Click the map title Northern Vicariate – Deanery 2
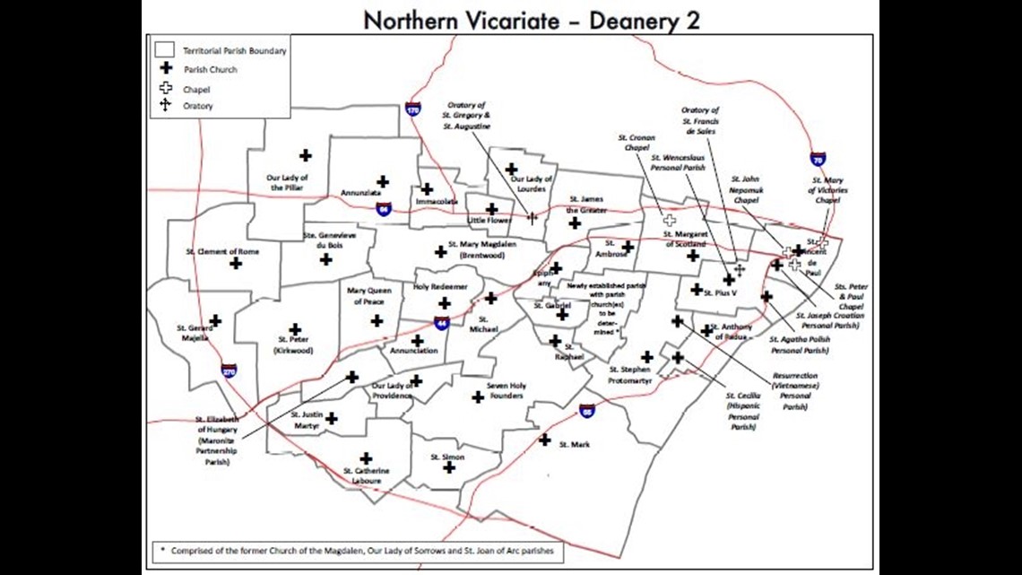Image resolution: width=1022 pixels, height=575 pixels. (532, 19)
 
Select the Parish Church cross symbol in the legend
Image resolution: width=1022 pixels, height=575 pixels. (165, 68)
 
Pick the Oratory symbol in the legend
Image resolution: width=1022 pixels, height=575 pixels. (165, 105)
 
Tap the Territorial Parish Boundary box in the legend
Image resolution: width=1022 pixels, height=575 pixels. (164, 50)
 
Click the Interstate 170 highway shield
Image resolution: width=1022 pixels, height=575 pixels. (412, 109)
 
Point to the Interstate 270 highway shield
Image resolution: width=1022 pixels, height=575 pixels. (230, 369)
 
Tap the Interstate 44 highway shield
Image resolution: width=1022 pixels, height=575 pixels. (441, 323)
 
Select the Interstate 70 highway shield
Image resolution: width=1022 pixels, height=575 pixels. (818, 159)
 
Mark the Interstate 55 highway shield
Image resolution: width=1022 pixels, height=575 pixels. (587, 410)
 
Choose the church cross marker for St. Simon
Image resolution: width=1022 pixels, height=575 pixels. (449, 467)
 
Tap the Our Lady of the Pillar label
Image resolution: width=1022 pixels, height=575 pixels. (288, 182)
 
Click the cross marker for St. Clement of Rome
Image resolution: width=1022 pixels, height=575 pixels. (236, 263)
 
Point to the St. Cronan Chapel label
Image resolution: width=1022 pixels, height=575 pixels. (637, 143)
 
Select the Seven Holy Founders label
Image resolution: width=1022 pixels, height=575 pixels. (507, 391)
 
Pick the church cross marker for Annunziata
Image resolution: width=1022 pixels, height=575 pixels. (382, 181)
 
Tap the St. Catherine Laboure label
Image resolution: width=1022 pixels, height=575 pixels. (366, 476)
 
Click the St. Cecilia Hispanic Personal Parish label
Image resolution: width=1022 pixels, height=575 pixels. (743, 411)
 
